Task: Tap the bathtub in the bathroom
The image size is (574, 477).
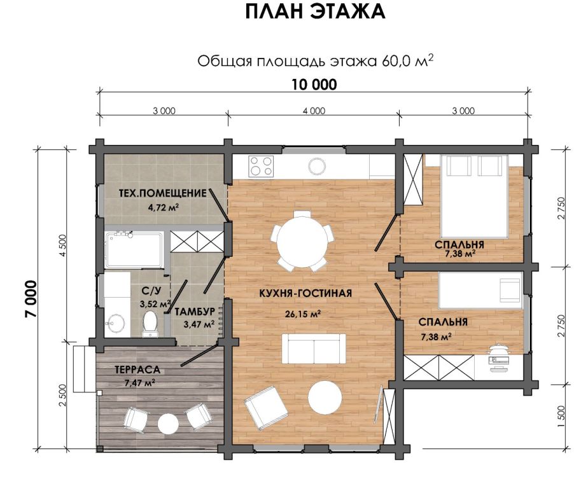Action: (x=134, y=250)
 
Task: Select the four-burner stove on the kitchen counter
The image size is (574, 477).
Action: (x=261, y=166)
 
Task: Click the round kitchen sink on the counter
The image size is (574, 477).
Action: (x=317, y=167)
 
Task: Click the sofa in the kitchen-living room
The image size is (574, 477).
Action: (x=314, y=349)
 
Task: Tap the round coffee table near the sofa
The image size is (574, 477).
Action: (x=325, y=397)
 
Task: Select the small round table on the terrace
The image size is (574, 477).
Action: (x=168, y=424)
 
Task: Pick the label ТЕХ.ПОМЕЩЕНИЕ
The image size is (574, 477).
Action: (x=162, y=193)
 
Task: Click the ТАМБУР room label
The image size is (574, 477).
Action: (x=194, y=312)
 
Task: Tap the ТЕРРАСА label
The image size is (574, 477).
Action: (x=137, y=370)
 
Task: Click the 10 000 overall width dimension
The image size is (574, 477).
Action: (x=314, y=85)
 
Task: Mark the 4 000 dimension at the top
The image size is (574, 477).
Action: (x=314, y=111)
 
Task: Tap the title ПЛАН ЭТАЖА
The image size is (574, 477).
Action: (x=315, y=12)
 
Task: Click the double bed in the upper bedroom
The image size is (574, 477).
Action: (x=475, y=197)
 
